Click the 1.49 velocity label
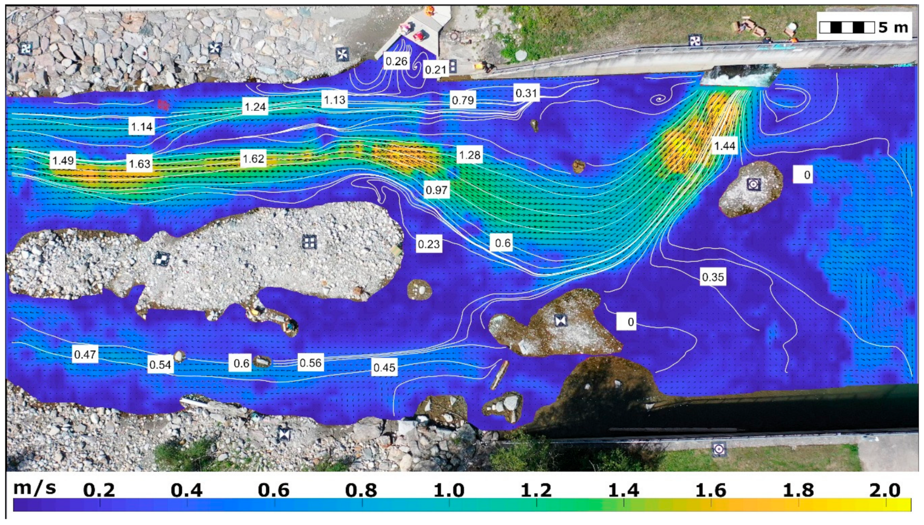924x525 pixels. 63,160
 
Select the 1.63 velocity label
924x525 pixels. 140,164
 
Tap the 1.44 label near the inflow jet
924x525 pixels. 724,146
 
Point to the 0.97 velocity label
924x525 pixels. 436,190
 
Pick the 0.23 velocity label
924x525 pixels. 428,244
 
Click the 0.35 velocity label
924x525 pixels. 713,277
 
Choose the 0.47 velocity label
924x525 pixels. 85,354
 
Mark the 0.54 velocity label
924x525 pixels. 160,365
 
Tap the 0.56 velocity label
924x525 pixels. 310,363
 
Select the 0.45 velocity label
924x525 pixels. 384,367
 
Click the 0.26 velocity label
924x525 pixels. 396,61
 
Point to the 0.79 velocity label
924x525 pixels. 463,100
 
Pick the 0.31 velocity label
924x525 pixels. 526,93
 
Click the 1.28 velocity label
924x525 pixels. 469,155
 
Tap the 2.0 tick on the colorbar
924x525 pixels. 884,490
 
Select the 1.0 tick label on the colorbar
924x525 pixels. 449,490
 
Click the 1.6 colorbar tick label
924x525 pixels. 710,490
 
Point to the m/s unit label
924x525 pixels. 34,488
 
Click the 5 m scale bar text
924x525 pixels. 893,27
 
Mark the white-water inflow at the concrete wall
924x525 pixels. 738,77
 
